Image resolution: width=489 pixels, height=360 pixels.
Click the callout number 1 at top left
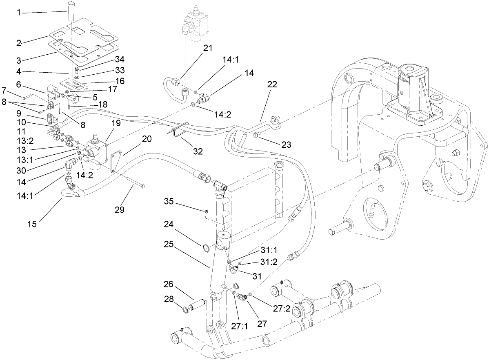[x=18, y=13]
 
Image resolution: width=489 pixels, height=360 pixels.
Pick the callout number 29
[x=120, y=209]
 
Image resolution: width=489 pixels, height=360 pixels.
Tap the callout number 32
[x=198, y=151]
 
